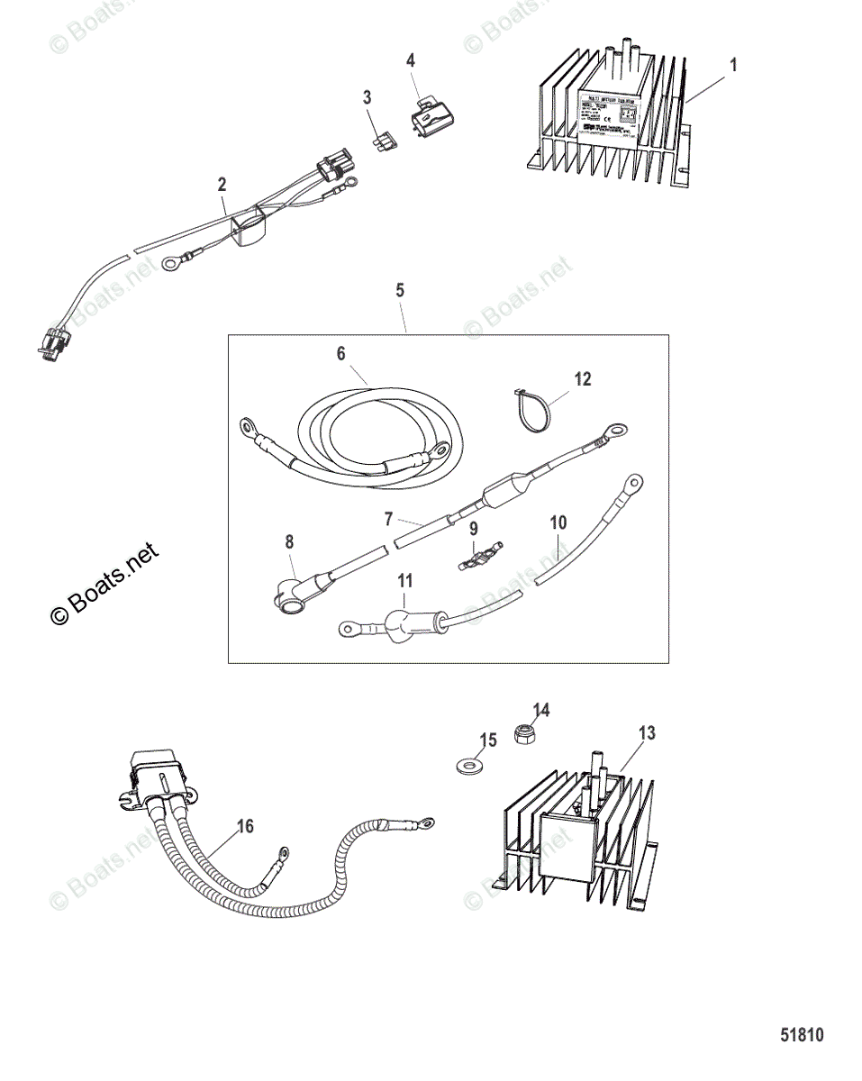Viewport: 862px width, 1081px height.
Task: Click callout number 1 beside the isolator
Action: pos(733,64)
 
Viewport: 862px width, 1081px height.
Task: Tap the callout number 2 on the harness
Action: pos(222,184)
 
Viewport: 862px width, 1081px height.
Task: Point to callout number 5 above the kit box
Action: pos(400,290)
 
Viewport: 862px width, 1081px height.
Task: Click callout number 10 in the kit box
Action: pos(558,522)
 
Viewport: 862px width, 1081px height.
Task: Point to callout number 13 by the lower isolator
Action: pos(647,733)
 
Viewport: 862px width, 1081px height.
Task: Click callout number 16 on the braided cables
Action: pos(244,825)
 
